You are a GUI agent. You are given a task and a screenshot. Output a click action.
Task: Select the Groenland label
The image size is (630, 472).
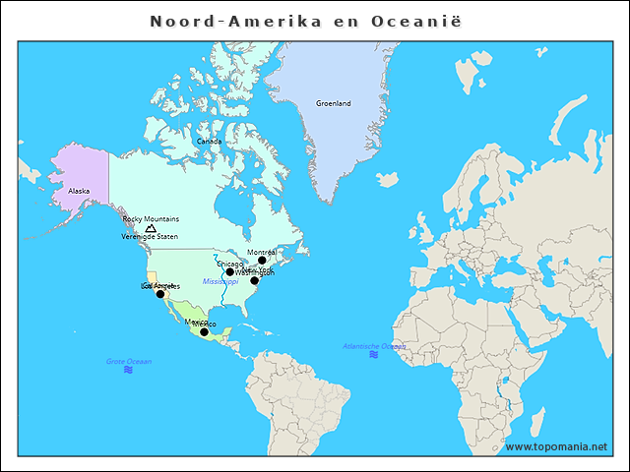pos(333,103)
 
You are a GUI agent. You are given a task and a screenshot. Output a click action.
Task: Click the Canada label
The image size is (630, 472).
pos(209,142)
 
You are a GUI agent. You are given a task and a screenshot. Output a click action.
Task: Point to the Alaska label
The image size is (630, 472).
pos(79,191)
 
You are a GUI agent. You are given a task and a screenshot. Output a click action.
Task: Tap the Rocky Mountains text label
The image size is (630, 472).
pos(151,219)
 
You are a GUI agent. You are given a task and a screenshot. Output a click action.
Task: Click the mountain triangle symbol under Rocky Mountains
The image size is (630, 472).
pos(151,228)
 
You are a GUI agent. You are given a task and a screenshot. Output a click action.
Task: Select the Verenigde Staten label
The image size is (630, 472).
pos(150,237)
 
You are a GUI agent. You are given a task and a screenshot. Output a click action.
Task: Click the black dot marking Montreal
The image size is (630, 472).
pos(262,261)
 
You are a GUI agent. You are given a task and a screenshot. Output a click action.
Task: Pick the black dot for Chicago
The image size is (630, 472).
pos(229,272)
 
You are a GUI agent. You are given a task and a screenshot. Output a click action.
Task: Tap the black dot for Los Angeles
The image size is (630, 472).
pos(160,294)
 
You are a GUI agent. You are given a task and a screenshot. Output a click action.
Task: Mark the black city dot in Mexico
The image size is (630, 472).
pos(204,332)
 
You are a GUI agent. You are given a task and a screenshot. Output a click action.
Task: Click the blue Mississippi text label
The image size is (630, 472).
pos(220,281)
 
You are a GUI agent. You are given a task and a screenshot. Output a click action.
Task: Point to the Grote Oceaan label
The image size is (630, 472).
pos(129,362)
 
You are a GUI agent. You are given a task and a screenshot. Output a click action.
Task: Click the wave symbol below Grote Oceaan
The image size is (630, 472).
pos(129,371)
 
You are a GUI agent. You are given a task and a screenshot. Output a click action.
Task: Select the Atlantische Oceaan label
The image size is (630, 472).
pos(373,346)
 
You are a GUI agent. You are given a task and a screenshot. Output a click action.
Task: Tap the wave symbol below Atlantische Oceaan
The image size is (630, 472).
pos(373,355)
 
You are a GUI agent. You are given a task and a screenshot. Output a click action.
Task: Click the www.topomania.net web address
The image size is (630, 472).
pos(555,446)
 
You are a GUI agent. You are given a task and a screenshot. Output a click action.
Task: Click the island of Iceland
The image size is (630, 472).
pos(387,180)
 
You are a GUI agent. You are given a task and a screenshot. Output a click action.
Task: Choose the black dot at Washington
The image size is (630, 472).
pos(254,280)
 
